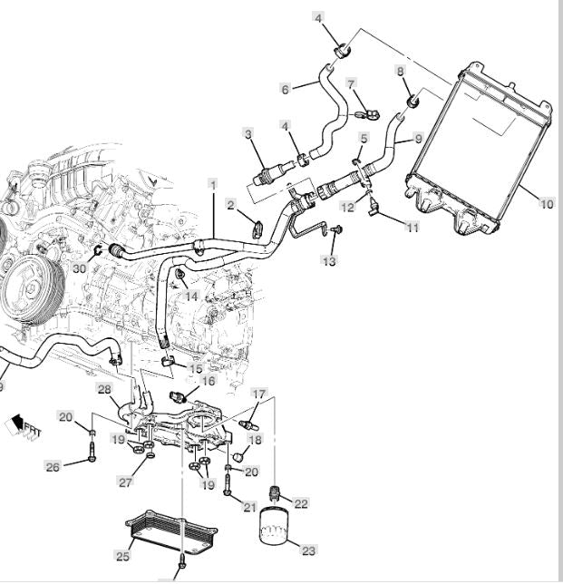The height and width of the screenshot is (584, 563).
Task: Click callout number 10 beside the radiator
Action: [x=546, y=204]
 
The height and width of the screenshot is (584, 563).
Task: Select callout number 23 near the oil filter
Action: [x=309, y=550]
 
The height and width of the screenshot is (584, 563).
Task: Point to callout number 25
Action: [x=121, y=555]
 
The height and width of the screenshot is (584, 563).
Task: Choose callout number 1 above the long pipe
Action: [x=213, y=184]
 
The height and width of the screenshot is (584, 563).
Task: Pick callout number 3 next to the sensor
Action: [x=248, y=135]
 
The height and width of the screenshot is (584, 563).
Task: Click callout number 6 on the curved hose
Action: [x=285, y=89]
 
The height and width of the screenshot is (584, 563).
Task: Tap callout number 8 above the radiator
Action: [x=400, y=71]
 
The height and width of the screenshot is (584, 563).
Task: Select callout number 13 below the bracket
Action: [x=328, y=261]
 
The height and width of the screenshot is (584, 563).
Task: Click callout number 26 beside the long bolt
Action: [x=53, y=467]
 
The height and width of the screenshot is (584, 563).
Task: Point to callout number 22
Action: [x=301, y=503]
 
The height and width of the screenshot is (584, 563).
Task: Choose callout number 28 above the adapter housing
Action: [x=104, y=389]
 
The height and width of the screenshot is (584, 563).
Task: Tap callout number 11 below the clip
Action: [x=413, y=228]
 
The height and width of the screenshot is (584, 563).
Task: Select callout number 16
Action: [x=209, y=382]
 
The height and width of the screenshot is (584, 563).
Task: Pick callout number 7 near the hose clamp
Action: [x=351, y=84]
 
